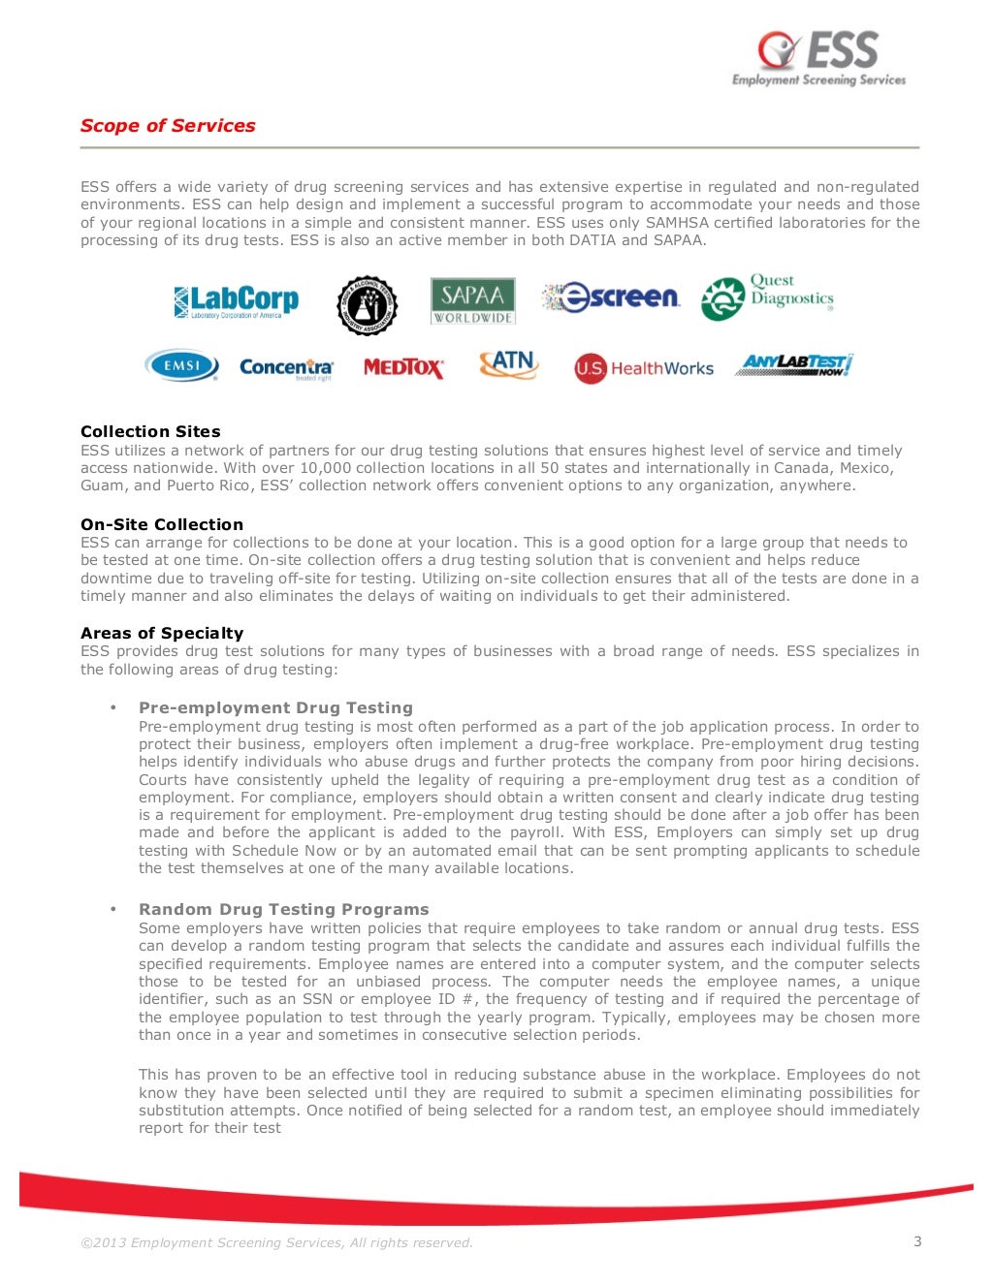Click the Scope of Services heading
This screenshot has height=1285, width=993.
[x=168, y=126]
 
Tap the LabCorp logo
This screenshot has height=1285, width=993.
[x=236, y=301]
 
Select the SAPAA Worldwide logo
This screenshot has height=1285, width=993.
[x=472, y=300]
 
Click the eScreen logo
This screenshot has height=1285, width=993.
[x=611, y=298]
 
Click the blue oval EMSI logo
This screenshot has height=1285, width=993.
[x=181, y=365]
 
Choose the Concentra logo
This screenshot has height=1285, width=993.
[x=286, y=368]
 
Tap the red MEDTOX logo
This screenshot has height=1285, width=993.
[x=403, y=368]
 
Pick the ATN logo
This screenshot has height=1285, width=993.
[x=508, y=364]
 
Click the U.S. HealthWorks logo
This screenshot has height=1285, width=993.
[x=644, y=368]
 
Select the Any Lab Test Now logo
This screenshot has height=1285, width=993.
[x=794, y=364]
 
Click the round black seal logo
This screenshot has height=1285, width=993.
[x=367, y=306]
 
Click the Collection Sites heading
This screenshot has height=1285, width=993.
[x=150, y=431]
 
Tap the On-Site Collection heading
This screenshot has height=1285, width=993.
[x=162, y=524]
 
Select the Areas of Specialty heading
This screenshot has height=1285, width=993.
[x=162, y=633]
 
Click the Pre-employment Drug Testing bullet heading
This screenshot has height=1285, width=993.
[x=275, y=707]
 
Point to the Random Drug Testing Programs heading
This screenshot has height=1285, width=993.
[x=283, y=909]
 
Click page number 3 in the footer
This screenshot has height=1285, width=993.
[x=917, y=1241]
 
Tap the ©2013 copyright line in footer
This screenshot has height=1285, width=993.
[x=276, y=1242]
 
